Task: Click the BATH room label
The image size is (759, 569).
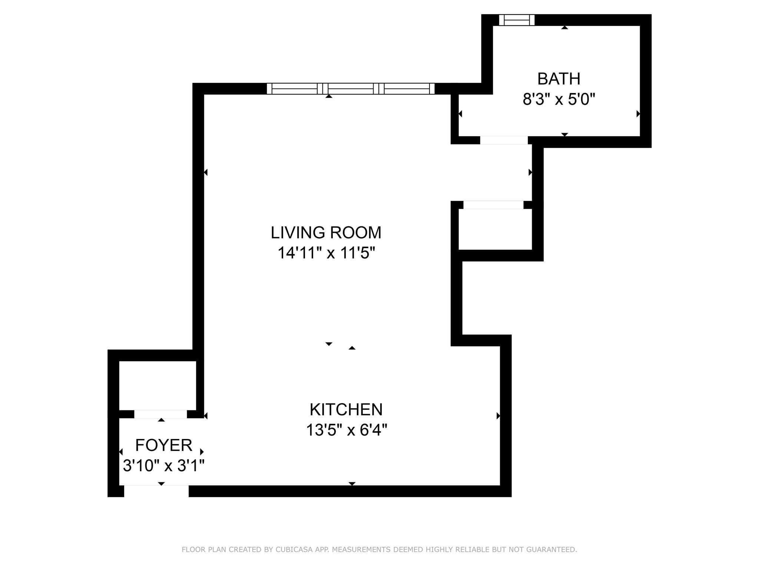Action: click(x=559, y=79)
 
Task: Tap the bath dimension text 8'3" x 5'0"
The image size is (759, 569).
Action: click(x=559, y=99)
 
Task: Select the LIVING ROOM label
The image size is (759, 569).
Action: click(x=326, y=233)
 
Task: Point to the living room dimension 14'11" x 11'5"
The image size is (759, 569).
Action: click(x=326, y=253)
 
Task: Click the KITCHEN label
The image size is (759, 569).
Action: click(x=346, y=410)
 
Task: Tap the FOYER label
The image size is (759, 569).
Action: click(x=163, y=445)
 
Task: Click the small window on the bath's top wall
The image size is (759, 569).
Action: click(x=517, y=20)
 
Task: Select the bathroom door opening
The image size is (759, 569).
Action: click(x=504, y=140)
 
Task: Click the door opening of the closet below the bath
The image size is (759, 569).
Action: click(x=493, y=205)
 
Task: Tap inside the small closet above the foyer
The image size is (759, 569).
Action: click(x=157, y=385)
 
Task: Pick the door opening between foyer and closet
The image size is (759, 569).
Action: click(x=160, y=414)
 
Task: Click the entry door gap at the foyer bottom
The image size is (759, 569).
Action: click(x=156, y=491)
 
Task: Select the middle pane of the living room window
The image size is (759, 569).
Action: click(x=351, y=89)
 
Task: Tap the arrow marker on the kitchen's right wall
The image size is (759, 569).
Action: click(x=498, y=416)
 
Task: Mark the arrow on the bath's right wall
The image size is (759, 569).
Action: click(x=638, y=114)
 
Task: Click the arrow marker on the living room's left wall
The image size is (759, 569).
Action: click(x=206, y=172)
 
